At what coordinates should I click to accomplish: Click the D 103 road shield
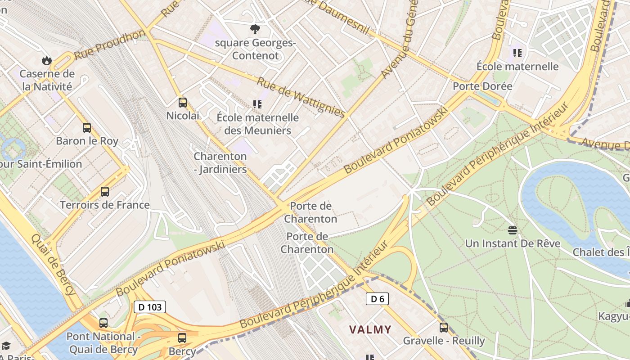coord(150,307)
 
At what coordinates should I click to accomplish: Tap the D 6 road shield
coord(377,299)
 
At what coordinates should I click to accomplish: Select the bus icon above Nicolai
coord(182,103)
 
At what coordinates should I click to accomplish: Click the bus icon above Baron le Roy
coord(87,128)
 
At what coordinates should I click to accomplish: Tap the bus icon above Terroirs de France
coord(105,192)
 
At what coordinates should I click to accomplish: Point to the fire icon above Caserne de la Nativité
coord(46,60)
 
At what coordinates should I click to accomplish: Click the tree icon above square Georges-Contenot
coord(255,30)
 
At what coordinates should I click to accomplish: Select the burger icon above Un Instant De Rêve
coord(512,230)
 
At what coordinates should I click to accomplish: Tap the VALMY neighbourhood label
coord(370,329)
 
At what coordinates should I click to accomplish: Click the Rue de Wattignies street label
coord(301,97)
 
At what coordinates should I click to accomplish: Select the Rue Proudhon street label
coord(110,45)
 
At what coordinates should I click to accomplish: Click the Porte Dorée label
coord(482,86)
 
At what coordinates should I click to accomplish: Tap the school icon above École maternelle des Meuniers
coord(257,104)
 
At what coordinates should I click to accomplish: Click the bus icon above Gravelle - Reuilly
coord(444,327)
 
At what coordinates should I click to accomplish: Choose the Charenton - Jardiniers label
coord(220,163)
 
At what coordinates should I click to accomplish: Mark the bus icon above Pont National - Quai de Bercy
coord(103,323)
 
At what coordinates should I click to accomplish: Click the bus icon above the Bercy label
coord(182,337)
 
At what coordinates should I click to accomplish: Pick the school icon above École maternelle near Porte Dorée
coord(517,53)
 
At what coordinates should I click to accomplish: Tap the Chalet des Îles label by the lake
coord(601,252)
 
